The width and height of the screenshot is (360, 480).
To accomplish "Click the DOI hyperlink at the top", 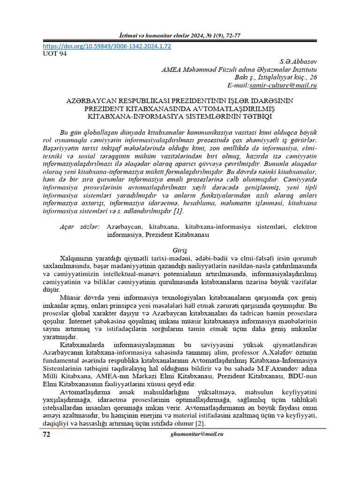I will coord(107,46).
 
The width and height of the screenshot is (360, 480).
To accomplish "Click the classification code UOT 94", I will coord(55,54).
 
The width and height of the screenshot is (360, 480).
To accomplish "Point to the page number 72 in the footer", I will coord(46,435).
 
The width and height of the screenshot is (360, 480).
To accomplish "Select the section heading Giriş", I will coord(180,251).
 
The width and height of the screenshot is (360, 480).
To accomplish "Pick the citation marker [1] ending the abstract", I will coord(178,211).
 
